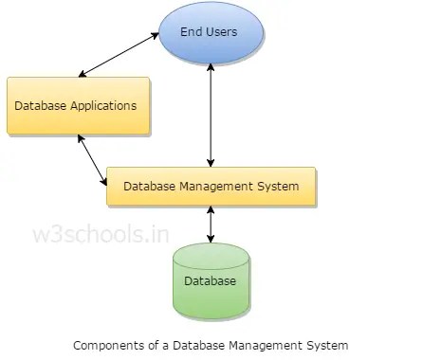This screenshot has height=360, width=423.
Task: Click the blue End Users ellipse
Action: tap(211, 33)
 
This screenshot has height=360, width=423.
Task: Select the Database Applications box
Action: tap(78, 105)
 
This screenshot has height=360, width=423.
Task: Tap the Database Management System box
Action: tap(211, 187)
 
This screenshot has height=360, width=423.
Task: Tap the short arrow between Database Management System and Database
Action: tap(211, 225)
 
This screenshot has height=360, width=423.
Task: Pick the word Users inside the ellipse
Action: tap(221, 32)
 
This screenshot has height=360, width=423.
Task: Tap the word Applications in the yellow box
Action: tap(106, 105)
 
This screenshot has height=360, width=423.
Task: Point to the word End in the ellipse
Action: tap(191, 32)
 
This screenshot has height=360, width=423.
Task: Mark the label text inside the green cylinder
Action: tap(211, 281)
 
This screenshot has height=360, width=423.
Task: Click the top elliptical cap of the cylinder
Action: tap(211, 253)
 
